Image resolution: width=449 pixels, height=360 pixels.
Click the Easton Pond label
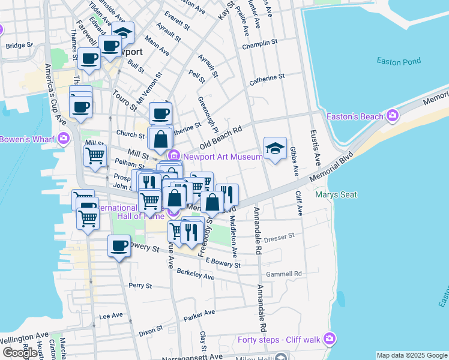coord(399,61)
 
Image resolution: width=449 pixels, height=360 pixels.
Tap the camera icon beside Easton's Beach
coord(393,115)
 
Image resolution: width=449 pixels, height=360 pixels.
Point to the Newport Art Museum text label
coord(223,157)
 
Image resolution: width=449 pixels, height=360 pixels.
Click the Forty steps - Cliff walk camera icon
coord(329,340)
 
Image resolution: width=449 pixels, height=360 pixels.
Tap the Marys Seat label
coord(336,194)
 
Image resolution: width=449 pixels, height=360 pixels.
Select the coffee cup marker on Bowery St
coord(119,245)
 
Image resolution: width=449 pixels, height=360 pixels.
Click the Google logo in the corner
coord(20,353)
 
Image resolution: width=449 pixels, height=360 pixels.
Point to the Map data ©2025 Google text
coord(412,355)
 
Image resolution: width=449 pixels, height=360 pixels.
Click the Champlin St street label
coord(260,44)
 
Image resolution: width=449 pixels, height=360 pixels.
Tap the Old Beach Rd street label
coord(220,138)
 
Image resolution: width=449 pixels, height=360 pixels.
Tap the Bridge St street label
coord(19,46)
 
